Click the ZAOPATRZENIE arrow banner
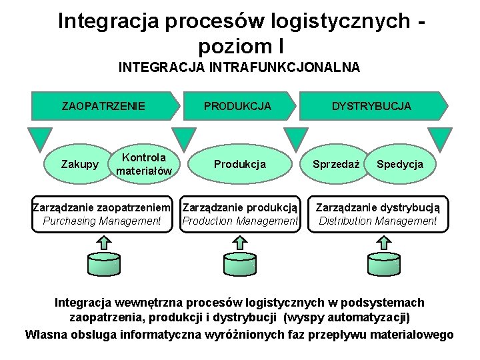(x=103, y=106)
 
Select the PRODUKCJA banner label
(x=237, y=106)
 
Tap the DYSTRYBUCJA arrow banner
(x=371, y=106)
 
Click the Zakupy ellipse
(x=80, y=164)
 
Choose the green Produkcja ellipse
(x=239, y=164)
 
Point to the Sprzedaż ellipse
(x=337, y=164)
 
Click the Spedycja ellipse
(x=399, y=164)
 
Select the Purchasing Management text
(x=102, y=221)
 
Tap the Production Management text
(x=240, y=221)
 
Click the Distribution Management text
(x=377, y=221)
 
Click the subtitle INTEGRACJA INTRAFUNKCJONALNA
(x=239, y=67)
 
